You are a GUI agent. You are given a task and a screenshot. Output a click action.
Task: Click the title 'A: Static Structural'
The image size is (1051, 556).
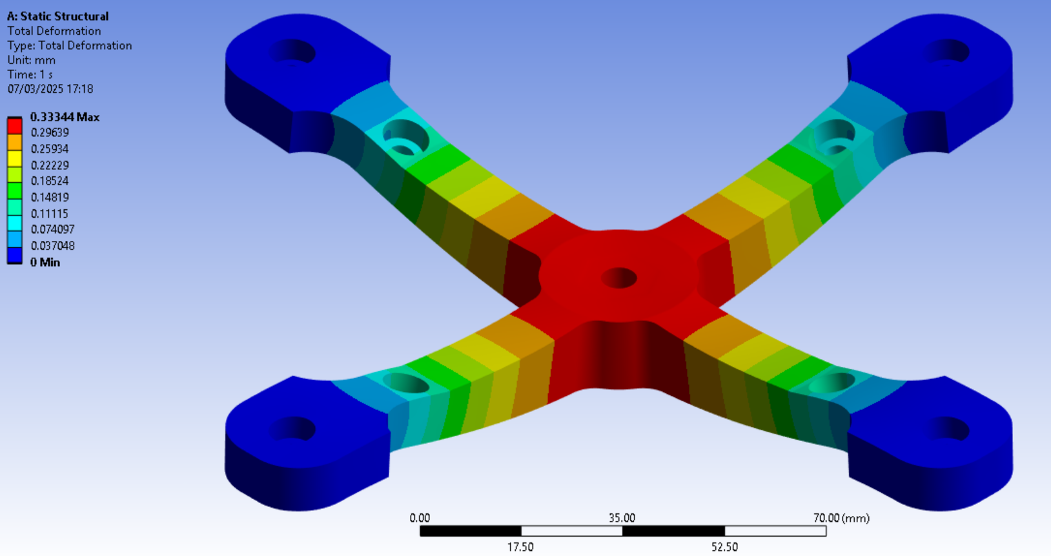coord(57,16)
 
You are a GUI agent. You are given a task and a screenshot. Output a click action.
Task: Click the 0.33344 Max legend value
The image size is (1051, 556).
coord(65,117)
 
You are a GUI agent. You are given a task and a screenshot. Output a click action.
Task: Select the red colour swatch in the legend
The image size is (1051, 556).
coord(14,125)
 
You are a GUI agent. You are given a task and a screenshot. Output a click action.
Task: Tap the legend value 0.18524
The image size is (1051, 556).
coord(50,181)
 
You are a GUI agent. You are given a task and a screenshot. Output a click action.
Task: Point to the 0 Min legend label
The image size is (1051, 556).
coord(45,262)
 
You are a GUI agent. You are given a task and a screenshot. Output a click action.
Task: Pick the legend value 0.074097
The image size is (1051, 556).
coord(52,229)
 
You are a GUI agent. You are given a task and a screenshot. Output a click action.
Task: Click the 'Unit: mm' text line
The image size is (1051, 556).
coord(31,60)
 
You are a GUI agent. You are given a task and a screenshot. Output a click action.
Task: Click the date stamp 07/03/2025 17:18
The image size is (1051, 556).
coord(50,89)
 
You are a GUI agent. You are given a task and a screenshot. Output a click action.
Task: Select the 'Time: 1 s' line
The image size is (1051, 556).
coord(30,74)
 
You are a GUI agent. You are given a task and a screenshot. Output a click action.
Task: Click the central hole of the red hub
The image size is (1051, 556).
coord(619,278)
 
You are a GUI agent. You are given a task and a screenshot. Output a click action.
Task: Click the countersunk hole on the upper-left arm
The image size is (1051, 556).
coord(405,138)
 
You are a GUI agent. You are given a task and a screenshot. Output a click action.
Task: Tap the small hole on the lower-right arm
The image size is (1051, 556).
coord(832,383)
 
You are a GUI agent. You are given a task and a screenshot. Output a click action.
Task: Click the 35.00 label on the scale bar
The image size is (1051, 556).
coord(622,518)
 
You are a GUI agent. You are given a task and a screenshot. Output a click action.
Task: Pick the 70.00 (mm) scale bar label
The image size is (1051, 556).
coord(841,518)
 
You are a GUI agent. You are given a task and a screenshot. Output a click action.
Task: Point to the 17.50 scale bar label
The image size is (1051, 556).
coord(520,547)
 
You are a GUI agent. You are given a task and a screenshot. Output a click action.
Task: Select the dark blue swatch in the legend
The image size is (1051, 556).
coord(14,256)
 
